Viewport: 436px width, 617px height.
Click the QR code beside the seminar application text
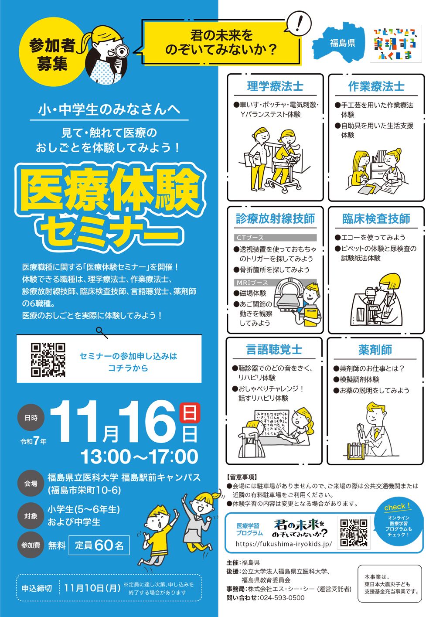coord(48,360)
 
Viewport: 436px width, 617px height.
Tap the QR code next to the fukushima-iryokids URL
coord(354,533)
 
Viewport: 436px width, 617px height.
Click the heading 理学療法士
coord(275,86)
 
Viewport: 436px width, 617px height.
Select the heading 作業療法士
coord(376,86)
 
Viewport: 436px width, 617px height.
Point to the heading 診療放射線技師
coord(275,218)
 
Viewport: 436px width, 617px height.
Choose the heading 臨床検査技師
coord(376,218)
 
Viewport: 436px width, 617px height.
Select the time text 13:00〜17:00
coord(139,457)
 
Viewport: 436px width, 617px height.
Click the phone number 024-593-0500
coord(282,597)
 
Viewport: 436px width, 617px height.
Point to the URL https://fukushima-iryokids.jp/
coord(284,544)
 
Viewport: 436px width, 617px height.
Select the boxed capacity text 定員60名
coord(99,545)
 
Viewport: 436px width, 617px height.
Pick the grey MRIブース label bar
coord(275,283)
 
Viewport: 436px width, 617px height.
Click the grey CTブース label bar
coord(275,238)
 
